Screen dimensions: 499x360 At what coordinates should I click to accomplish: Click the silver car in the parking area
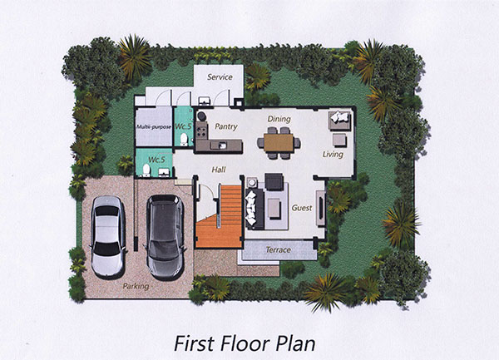(x=107, y=237)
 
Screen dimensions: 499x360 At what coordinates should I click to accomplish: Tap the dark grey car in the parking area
(x=165, y=237)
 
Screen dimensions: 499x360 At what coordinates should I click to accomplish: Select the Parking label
(x=136, y=286)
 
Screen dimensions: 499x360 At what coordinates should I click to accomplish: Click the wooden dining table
(x=279, y=143)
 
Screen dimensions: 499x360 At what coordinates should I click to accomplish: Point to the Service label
(x=220, y=77)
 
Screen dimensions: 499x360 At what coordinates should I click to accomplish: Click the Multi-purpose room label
(x=154, y=127)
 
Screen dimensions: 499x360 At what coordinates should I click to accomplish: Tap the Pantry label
(x=226, y=126)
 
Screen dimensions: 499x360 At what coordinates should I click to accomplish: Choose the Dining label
(x=279, y=119)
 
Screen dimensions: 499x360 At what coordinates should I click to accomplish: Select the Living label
(x=333, y=155)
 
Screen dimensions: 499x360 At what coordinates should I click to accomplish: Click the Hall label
(x=219, y=170)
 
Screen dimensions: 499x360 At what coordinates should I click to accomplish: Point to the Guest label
(x=302, y=208)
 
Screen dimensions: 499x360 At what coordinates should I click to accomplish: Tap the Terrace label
(x=278, y=250)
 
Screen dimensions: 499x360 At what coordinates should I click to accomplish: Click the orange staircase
(x=220, y=216)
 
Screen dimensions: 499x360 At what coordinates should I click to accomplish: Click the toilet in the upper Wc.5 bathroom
(x=184, y=139)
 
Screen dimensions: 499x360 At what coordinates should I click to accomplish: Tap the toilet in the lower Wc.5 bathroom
(x=146, y=170)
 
